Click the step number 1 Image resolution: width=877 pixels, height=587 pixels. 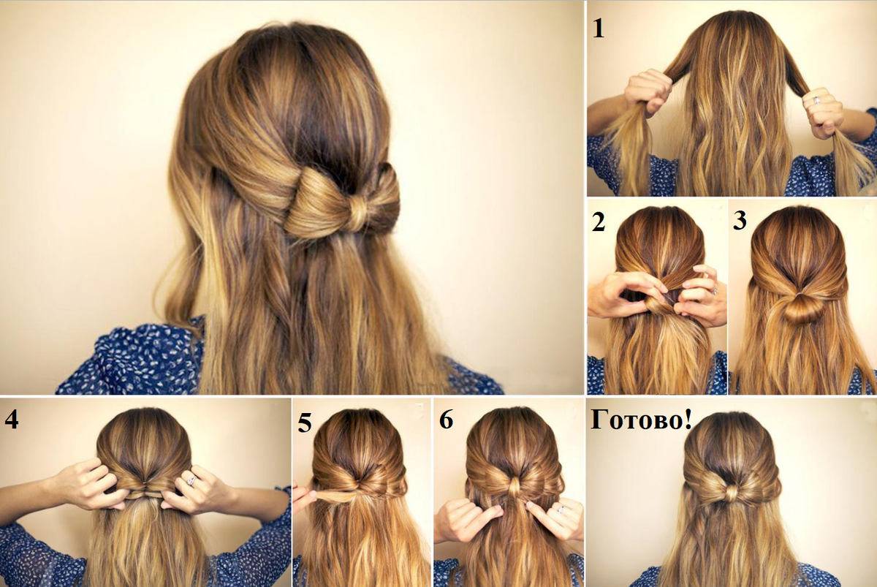[599, 29]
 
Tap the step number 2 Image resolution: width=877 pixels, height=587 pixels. [599, 222]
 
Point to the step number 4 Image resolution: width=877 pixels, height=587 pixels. [12, 419]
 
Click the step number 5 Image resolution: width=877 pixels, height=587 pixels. [305, 423]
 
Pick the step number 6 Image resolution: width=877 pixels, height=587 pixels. [447, 420]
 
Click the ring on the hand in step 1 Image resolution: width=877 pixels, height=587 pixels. [817, 100]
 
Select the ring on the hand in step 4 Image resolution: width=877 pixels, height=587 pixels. [191, 480]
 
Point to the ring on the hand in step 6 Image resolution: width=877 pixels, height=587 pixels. [561, 509]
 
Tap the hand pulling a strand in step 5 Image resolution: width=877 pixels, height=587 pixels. [303, 497]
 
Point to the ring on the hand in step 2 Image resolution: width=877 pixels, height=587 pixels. [715, 292]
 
